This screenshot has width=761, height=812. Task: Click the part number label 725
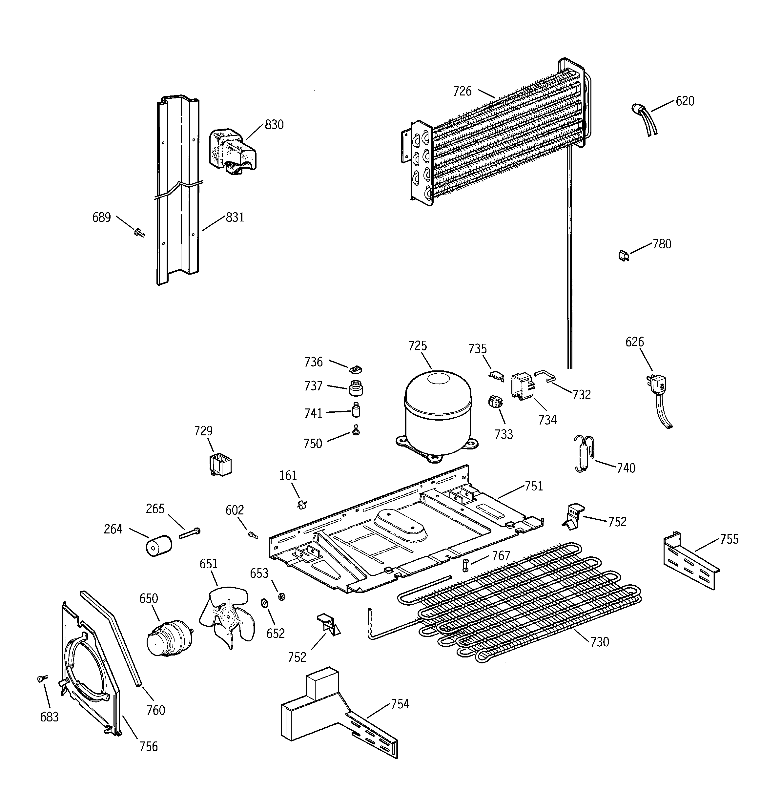(418, 346)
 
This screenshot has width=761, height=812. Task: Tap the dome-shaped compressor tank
(438, 412)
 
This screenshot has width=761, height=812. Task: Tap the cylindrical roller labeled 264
(159, 545)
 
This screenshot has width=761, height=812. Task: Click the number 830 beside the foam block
(274, 125)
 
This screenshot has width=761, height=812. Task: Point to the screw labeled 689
(139, 233)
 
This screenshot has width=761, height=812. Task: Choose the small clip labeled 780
(623, 256)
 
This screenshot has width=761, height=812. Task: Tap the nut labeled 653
(281, 597)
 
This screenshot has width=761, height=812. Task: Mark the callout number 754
(400, 704)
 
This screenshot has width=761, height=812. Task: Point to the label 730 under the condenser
(599, 642)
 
